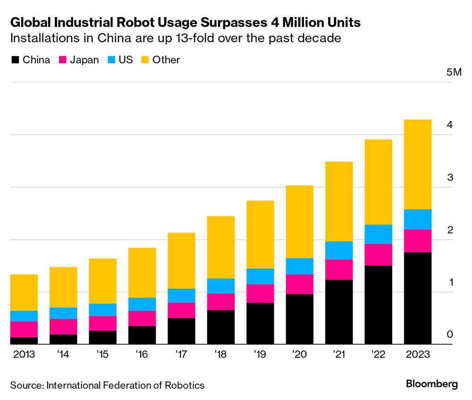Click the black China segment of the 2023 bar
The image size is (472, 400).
[418, 298]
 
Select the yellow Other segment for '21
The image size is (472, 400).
[338, 201]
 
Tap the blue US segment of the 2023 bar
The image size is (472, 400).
[418, 219]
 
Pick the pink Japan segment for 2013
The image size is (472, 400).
[24, 329]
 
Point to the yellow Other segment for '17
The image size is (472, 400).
[181, 260]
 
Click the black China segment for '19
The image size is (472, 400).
[260, 323]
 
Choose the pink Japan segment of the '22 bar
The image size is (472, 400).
[378, 254]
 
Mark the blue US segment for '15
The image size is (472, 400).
[102, 309]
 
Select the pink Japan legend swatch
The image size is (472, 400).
[62, 60]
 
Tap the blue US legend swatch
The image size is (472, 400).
[110, 60]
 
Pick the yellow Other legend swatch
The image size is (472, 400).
[144, 60]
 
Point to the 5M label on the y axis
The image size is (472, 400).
[453, 73]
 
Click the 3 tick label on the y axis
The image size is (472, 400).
[450, 177]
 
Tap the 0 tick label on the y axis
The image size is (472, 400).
[450, 334]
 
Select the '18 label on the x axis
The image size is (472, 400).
[221, 354]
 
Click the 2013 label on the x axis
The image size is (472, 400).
[24, 354]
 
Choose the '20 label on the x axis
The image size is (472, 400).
[300, 354]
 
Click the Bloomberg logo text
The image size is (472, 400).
[431, 384]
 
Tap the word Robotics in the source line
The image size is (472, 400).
[185, 385]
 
